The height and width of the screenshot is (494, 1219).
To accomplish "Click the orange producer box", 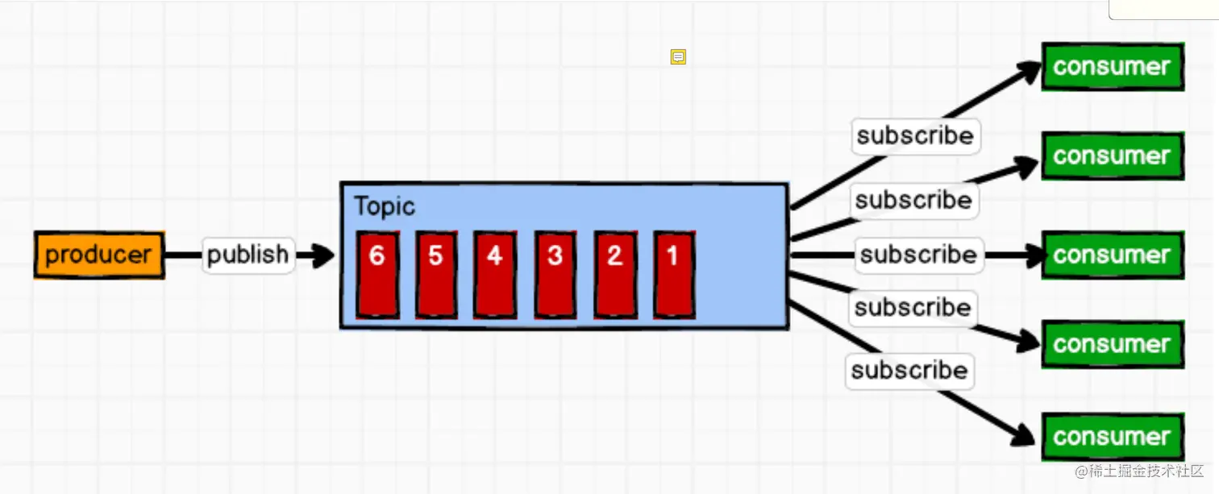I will [x=99, y=255].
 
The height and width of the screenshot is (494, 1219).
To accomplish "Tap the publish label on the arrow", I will [x=248, y=255].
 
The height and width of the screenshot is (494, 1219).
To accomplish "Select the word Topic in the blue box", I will [x=385, y=206].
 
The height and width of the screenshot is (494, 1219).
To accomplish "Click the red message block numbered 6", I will [x=377, y=274].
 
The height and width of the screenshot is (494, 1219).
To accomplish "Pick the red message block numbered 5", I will [x=436, y=274].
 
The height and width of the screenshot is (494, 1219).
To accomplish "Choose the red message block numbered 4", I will [x=494, y=274].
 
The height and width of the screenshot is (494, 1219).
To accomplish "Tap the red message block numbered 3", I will [x=555, y=274].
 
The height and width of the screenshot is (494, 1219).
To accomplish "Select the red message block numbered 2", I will [x=614, y=274].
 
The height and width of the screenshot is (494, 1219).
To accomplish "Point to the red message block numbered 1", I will [x=673, y=274].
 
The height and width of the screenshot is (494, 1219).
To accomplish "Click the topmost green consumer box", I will [x=1112, y=67].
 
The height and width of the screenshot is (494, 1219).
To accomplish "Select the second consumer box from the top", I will [x=1112, y=156].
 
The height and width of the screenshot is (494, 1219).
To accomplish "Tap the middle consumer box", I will [x=1112, y=255].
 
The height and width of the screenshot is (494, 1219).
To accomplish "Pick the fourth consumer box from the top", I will [x=1112, y=344].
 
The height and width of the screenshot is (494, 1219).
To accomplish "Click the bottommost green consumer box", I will [x=1112, y=437].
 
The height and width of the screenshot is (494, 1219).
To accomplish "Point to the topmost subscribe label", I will [x=915, y=135].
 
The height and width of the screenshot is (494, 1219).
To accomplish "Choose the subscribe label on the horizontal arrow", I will [x=918, y=255].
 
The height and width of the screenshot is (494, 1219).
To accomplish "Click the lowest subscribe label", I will [x=909, y=370].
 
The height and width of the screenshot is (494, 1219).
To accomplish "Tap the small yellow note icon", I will [x=678, y=57].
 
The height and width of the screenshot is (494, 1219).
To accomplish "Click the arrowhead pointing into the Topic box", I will [x=322, y=255].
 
